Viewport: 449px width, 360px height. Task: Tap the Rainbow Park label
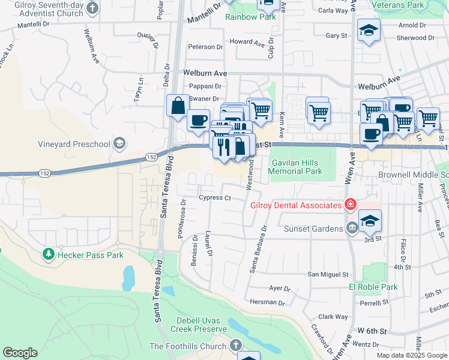[250, 17]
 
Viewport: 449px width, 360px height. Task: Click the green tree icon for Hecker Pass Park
[49, 254]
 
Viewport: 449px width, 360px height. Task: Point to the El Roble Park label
[373, 287]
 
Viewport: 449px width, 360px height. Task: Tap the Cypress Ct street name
[215, 198]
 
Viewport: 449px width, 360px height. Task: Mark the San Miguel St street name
[328, 274]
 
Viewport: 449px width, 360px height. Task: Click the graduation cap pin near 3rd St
[370, 221]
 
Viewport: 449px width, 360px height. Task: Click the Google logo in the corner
[20, 353]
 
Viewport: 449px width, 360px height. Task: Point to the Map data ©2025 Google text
[412, 355]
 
